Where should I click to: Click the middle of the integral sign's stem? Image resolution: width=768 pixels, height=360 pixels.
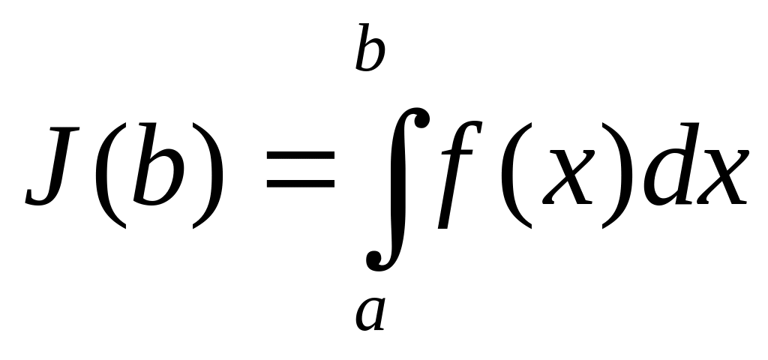tap(397, 187)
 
